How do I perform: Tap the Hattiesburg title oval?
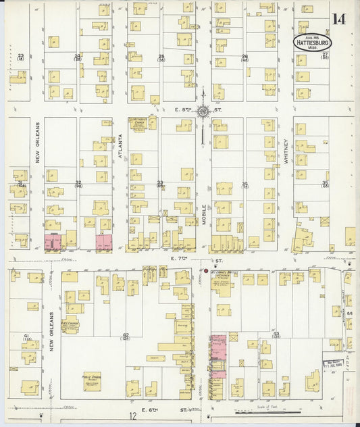312,42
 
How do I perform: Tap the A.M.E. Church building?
70,325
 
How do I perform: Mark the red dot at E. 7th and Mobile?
206,272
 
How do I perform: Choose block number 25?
161,57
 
